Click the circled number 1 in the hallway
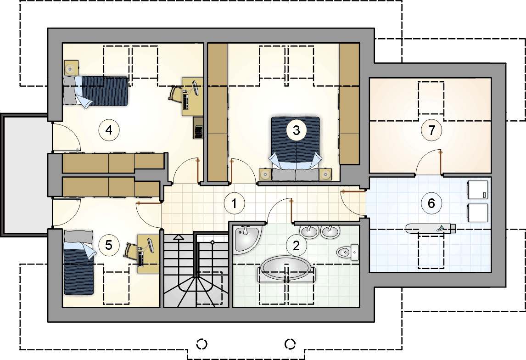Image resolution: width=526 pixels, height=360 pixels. pyautogui.click(x=234, y=203)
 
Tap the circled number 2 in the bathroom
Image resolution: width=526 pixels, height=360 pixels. pyautogui.click(x=296, y=246)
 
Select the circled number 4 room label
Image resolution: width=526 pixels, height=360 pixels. pyautogui.click(x=109, y=130)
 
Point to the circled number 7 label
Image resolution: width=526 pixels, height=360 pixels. pyautogui.click(x=431, y=130)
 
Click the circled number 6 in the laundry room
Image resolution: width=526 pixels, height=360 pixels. pyautogui.click(x=431, y=203)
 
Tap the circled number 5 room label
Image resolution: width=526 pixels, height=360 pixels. pyautogui.click(x=109, y=245)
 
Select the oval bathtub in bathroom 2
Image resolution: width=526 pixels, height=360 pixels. pyautogui.click(x=286, y=269)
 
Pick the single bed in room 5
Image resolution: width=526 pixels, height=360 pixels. pyautogui.click(x=78, y=263)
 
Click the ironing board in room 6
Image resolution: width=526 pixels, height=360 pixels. pyautogui.click(x=431, y=229)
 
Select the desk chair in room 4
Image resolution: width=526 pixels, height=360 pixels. pyautogui.click(x=175, y=94)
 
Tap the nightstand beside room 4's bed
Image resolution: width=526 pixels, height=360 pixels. pyautogui.click(x=71, y=68)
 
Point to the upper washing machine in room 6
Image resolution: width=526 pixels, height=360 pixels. pyautogui.click(x=477, y=190)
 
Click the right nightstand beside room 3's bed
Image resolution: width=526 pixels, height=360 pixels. pyautogui.click(x=325, y=174)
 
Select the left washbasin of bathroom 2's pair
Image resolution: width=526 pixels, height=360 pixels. pyautogui.click(x=309, y=231)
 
